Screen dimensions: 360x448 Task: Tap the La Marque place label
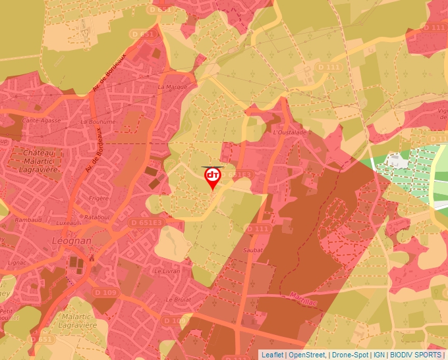pyautogui.click(x=173, y=86)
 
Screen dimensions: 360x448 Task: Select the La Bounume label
pyautogui.click(x=98, y=122)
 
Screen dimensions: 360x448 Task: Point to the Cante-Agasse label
pyautogui.click(x=42, y=120)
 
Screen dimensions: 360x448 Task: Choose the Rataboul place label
pyautogui.click(x=96, y=217)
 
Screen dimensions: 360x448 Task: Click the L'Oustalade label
pyautogui.click(x=290, y=132)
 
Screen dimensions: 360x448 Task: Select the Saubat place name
pyautogui.click(x=253, y=250)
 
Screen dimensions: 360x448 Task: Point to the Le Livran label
pyautogui.click(x=167, y=270)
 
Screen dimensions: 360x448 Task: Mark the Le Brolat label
pyautogui.click(x=178, y=299)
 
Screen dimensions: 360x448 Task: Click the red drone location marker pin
pyautogui.click(x=213, y=177)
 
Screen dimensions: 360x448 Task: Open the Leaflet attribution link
pyautogui.click(x=273, y=355)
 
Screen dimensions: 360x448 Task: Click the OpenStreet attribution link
pyautogui.click(x=307, y=355)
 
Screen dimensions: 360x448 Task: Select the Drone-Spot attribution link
pyautogui.click(x=350, y=355)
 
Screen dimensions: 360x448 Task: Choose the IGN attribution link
pyautogui.click(x=379, y=355)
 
